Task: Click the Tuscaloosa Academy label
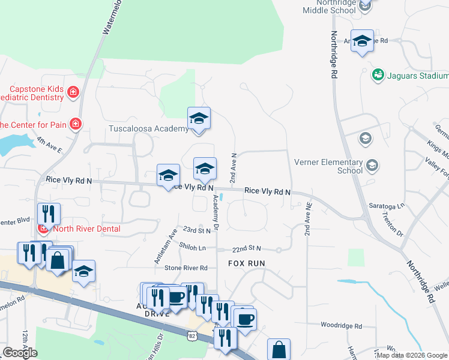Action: tap(148, 129)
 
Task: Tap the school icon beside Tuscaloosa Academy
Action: tap(199, 118)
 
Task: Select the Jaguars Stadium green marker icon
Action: tap(378, 75)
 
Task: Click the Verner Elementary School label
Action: tap(328, 166)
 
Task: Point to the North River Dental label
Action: tap(86, 229)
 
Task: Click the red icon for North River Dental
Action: tap(43, 229)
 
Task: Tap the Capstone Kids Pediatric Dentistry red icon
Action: tap(73, 92)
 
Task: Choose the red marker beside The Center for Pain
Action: tap(76, 124)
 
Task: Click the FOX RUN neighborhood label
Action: tap(246, 263)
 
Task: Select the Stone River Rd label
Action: tap(185, 268)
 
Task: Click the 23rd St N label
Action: tap(197, 230)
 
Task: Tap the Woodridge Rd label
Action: tap(341, 326)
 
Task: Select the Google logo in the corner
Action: tap(19, 353)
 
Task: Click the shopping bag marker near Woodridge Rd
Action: tap(279, 349)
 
